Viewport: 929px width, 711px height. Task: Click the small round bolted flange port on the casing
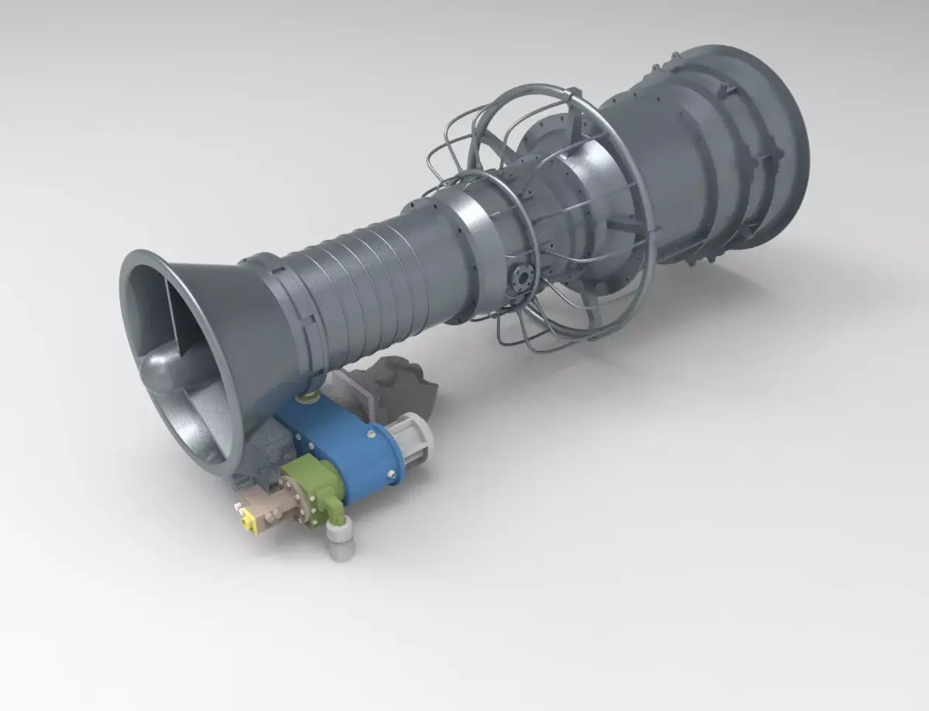pyautogui.click(x=521, y=278)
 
